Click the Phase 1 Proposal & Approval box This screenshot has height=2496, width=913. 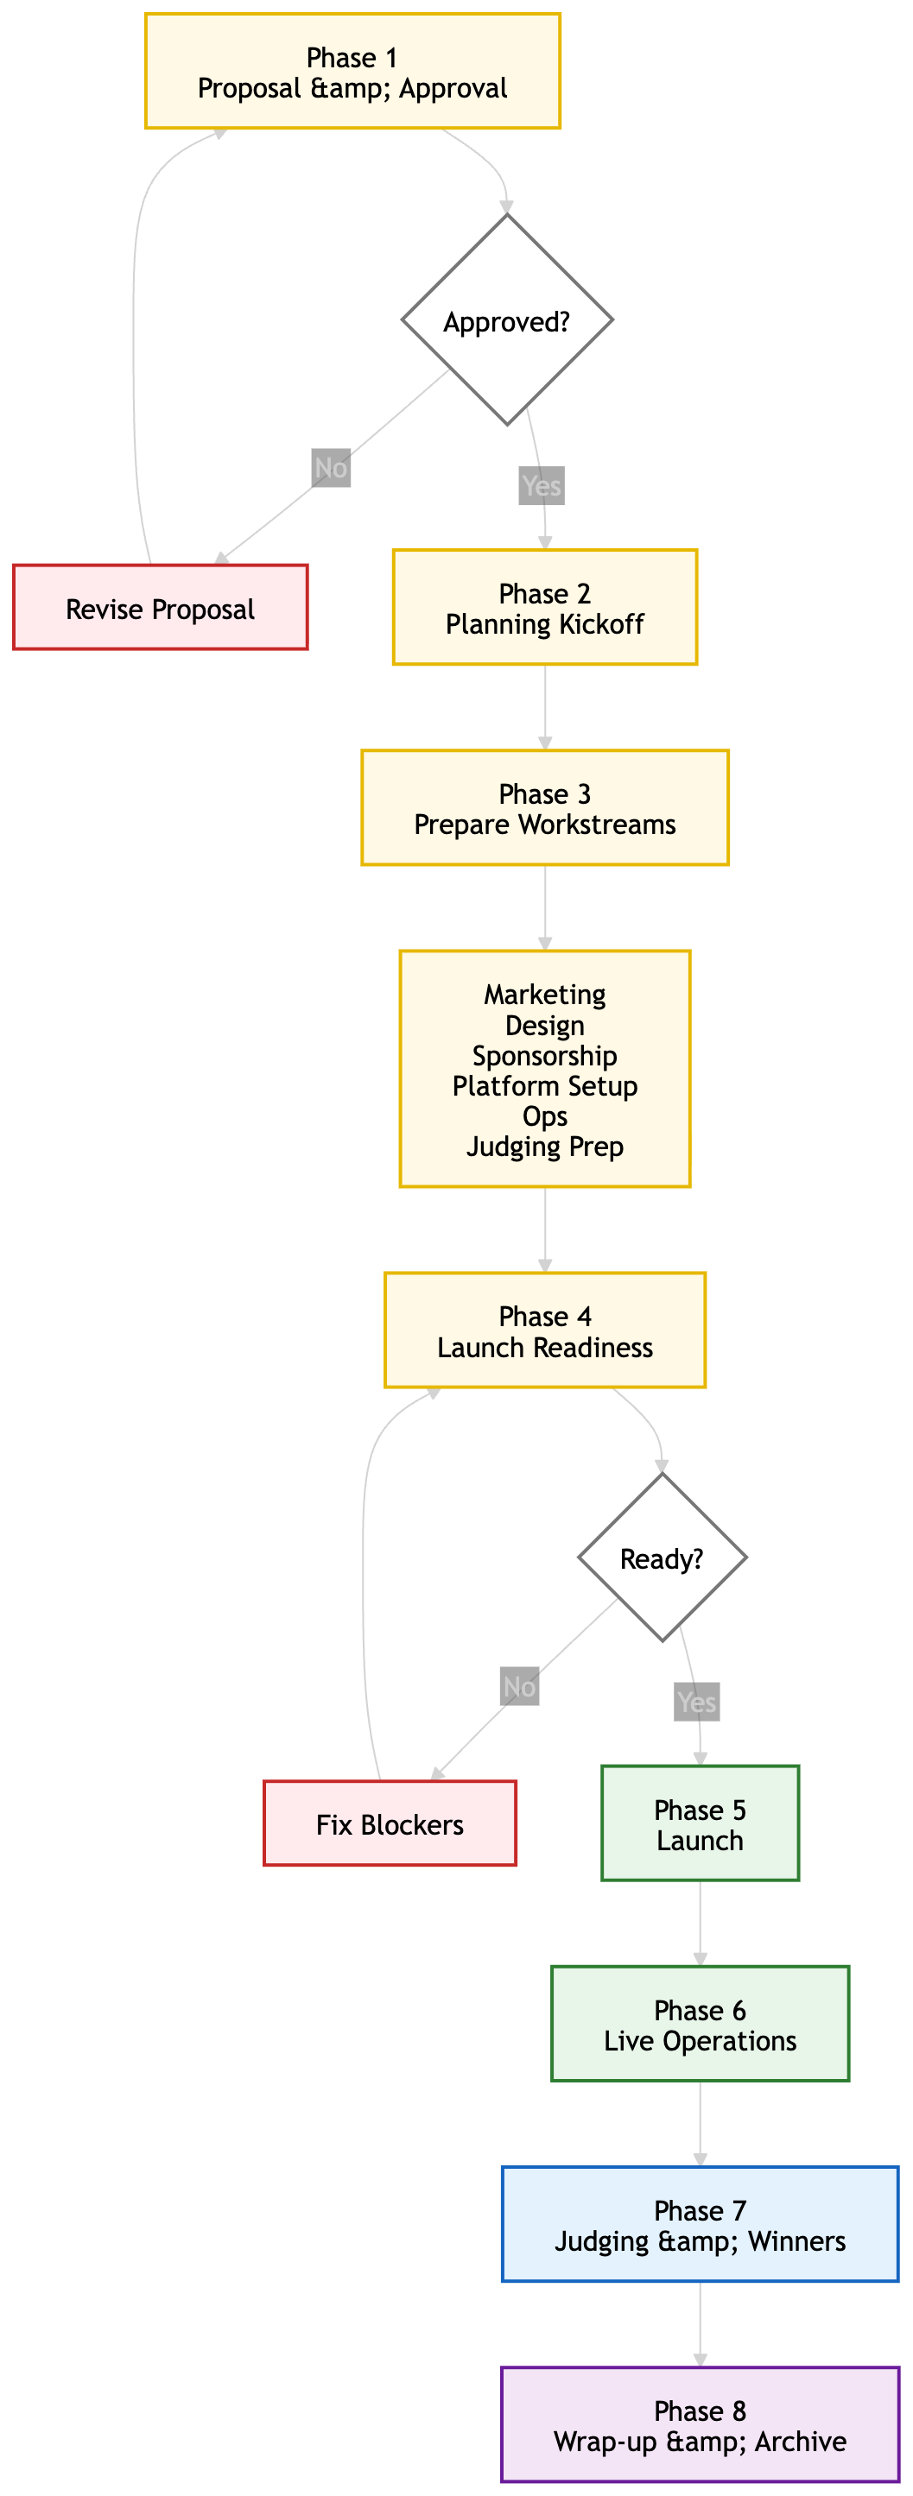(x=352, y=71)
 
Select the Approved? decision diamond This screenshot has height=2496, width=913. (x=507, y=319)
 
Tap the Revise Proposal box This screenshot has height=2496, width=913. (x=161, y=608)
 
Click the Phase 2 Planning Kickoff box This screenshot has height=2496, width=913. (x=545, y=608)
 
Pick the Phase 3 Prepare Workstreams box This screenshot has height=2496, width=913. (x=545, y=808)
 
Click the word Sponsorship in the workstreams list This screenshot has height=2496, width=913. (x=545, y=1055)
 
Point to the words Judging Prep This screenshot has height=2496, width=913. (x=545, y=1147)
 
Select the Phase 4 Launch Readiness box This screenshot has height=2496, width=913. (x=545, y=1330)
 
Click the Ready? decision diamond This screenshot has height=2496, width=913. (x=662, y=1558)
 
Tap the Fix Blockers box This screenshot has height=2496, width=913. (x=390, y=1823)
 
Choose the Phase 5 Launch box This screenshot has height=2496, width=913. (x=700, y=1823)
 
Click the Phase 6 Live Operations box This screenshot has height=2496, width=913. (x=700, y=2024)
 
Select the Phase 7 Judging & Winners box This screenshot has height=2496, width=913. (x=700, y=2225)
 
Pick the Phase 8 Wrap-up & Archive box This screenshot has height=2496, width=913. (x=700, y=2425)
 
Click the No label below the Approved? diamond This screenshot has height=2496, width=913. (x=331, y=468)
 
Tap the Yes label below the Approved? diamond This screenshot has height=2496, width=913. (x=541, y=485)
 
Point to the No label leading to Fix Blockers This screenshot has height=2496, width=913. (x=519, y=1687)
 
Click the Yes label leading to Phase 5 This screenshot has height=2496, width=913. (x=697, y=1703)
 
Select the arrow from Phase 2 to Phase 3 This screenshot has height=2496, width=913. (x=545, y=708)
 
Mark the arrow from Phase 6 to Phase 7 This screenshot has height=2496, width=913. (x=700, y=2125)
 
